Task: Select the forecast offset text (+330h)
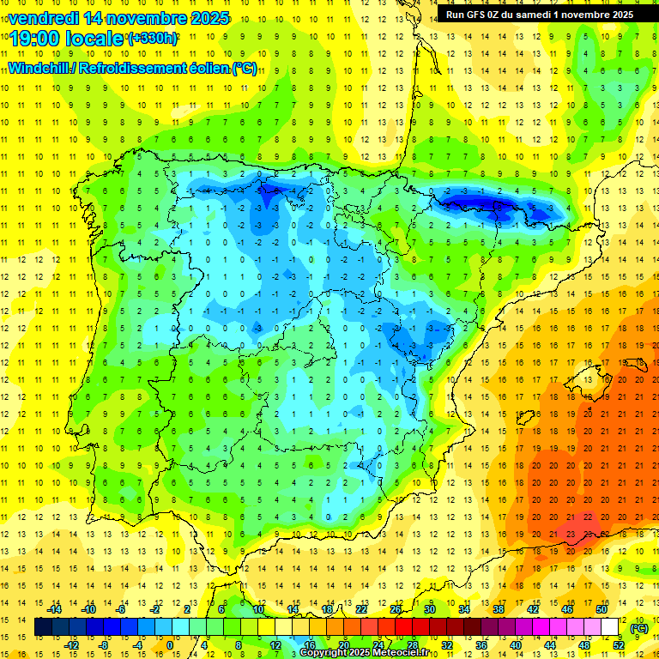pyautogui.click(x=152, y=39)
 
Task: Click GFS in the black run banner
pyautogui.click(x=475, y=14)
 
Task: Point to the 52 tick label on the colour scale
pyautogui.click(x=619, y=644)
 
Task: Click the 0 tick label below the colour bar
pyautogui.click(x=170, y=644)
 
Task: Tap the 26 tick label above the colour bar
pyautogui.click(x=396, y=609)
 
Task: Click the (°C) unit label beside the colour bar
pyautogui.click(x=639, y=628)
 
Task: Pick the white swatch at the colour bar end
pyautogui.click(x=610, y=627)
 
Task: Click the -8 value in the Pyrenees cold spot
pyautogui.click(x=499, y=208)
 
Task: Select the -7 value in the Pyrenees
pyautogui.click(x=482, y=207)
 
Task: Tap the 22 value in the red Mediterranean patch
pyautogui.click(x=588, y=517)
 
